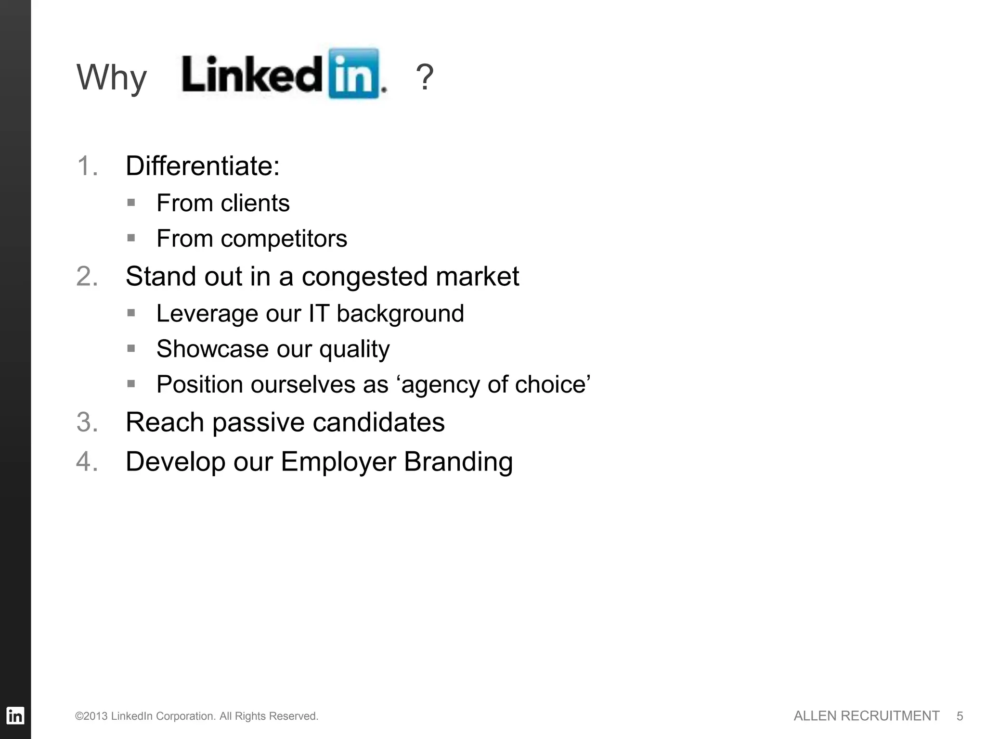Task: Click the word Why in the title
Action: [111, 78]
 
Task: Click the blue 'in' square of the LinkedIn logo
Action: [354, 74]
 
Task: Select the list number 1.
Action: [87, 166]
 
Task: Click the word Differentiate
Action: [200, 166]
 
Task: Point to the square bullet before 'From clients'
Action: [131, 202]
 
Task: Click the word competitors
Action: [284, 239]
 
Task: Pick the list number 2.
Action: [87, 277]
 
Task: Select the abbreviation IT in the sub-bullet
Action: [318, 314]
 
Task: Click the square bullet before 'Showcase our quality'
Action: [131, 348]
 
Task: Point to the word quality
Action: [354, 349]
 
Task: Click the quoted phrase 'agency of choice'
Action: [494, 384]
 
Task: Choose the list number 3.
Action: [87, 422]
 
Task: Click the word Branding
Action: [458, 462]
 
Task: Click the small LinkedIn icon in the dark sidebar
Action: [15, 715]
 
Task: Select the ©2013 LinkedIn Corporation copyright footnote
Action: [196, 716]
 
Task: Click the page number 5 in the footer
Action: [960, 716]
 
